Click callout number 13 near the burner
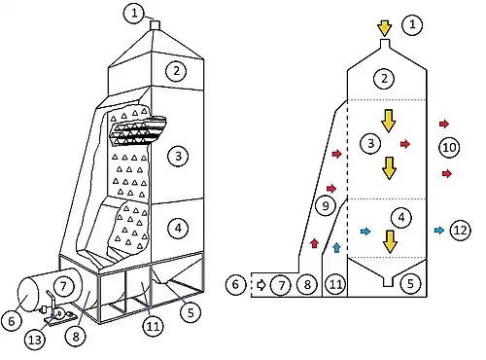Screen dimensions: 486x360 point(35,340)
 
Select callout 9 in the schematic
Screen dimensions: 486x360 point(326,205)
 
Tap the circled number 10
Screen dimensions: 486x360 point(449,148)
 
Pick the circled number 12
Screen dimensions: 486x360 point(461,231)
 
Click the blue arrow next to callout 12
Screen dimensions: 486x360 point(439,231)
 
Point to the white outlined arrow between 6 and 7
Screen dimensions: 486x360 point(261,285)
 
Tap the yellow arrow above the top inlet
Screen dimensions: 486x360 point(385,28)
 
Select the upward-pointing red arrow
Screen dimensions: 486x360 point(314,243)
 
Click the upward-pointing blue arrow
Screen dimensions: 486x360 point(337,247)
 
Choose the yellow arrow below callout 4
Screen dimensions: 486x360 point(391,242)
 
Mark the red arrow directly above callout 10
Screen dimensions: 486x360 point(444,124)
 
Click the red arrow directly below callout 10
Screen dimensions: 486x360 point(447,174)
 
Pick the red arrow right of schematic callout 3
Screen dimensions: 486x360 point(405,144)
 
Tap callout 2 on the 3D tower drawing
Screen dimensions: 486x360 point(176,71)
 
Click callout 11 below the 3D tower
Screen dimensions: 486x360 point(153,326)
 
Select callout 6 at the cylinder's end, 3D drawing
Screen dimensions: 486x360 point(12,321)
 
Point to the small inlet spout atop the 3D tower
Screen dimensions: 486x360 point(156,25)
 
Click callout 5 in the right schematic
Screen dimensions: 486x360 point(410,284)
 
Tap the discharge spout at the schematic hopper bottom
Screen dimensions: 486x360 point(388,281)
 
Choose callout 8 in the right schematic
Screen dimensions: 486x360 point(307,284)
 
